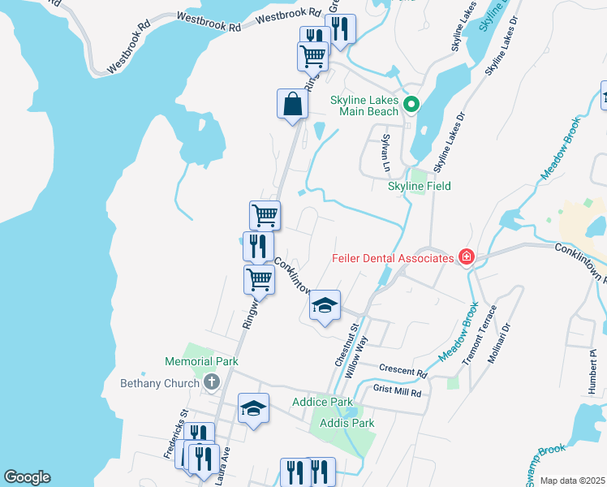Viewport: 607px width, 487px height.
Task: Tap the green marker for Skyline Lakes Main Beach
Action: point(411,104)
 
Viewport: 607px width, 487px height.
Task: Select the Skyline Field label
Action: point(419,186)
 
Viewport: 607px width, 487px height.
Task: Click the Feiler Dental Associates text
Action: point(392,258)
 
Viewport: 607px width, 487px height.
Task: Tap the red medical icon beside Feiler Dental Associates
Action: point(466,258)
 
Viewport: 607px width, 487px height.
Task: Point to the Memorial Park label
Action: point(201,361)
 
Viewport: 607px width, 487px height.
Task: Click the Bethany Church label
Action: point(160,383)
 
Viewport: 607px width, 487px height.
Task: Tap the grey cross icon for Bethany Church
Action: point(211,382)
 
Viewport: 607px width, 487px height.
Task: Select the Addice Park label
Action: point(322,402)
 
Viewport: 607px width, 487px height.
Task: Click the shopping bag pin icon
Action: point(292,105)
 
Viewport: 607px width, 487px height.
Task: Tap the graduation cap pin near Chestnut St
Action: point(325,306)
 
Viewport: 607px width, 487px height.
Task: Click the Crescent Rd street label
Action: point(403,370)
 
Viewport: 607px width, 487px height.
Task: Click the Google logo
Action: point(27,477)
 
